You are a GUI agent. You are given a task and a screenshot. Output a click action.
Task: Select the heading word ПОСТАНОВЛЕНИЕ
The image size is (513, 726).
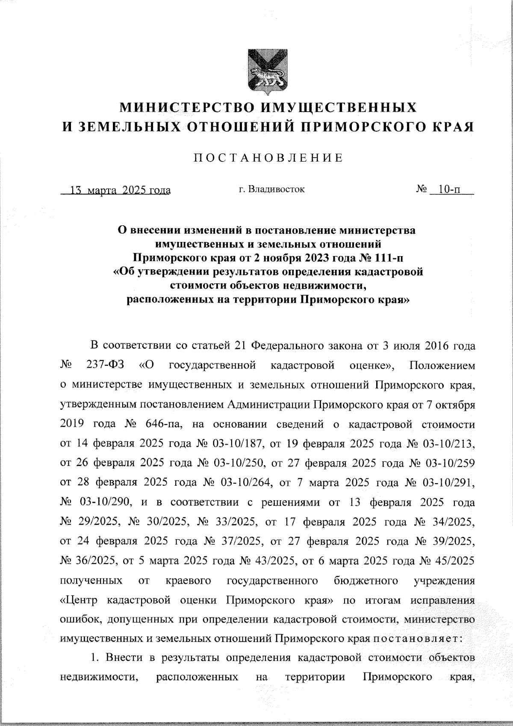click(x=268, y=158)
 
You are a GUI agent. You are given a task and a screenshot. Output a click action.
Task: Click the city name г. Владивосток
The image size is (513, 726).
click(x=271, y=189)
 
